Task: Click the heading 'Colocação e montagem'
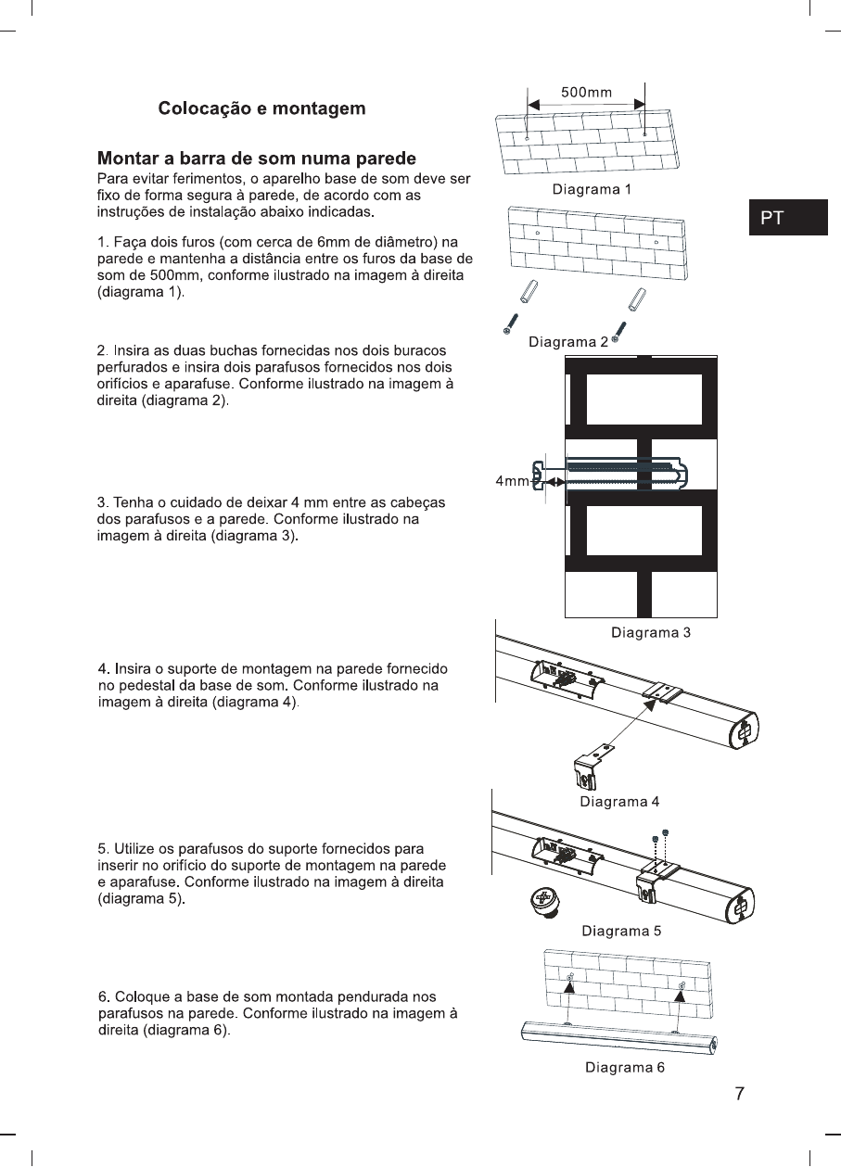coord(261,108)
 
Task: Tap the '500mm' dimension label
coord(586,92)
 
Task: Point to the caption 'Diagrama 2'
coord(568,342)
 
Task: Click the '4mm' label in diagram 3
coord(511,482)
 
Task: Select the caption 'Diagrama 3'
coord(650,633)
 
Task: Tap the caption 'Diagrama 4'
coord(618,801)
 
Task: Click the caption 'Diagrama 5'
coord(620,930)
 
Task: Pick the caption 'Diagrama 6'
coord(624,1067)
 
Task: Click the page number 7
coord(739,1094)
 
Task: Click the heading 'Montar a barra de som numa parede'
coord(257,158)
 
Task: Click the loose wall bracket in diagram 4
coord(589,766)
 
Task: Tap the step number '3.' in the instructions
coord(104,502)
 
